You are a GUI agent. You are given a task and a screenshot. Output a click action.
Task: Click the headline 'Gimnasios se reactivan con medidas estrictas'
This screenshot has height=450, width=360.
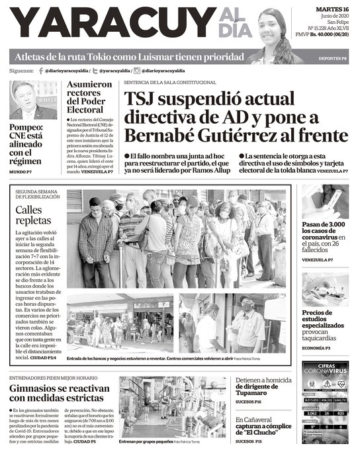(x=58, y=393)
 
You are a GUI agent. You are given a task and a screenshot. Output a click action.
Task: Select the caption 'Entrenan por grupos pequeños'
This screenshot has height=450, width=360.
(x=146, y=441)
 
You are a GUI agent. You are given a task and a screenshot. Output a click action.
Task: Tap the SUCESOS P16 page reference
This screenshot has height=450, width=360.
(x=249, y=401)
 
